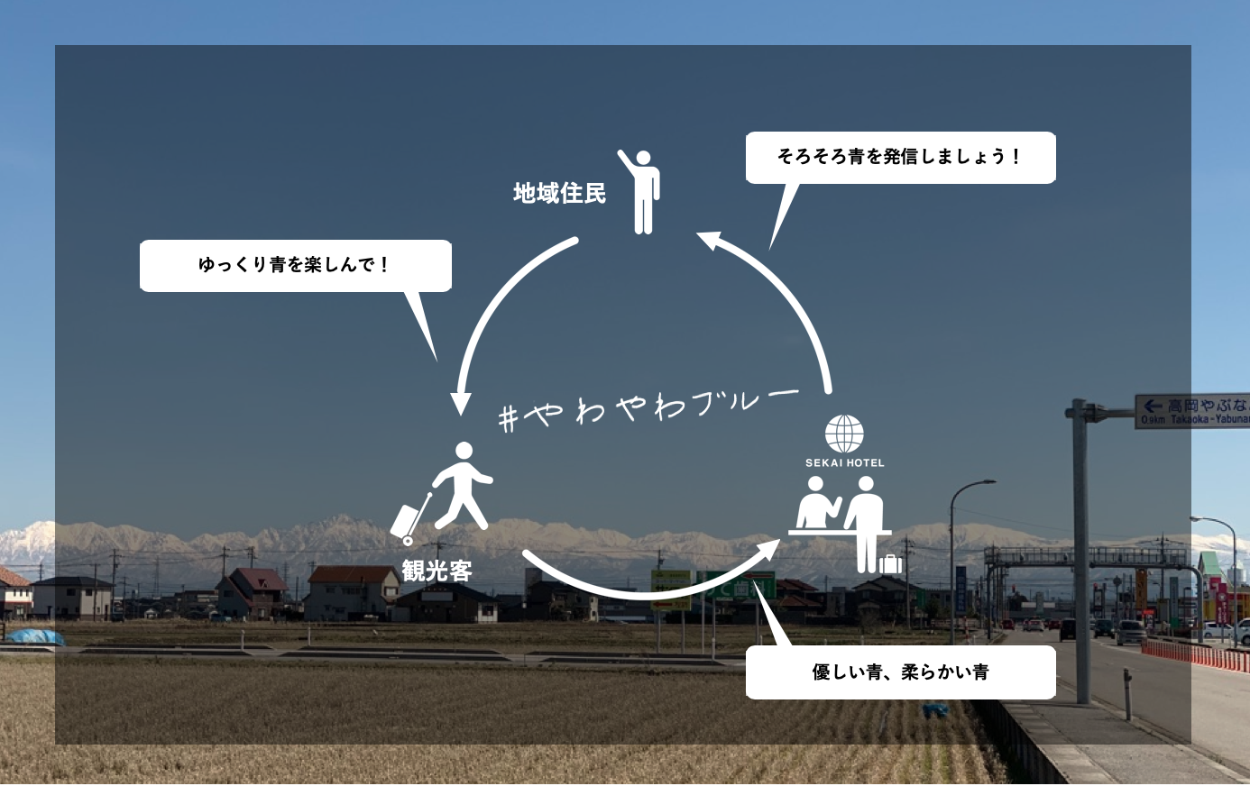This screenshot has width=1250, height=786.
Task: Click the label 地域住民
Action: tap(559, 193)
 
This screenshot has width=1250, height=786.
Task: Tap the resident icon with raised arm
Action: tap(641, 191)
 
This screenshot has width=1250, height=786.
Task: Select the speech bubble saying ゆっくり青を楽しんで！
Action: tap(295, 265)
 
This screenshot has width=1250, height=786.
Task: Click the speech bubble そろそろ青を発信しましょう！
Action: tap(900, 157)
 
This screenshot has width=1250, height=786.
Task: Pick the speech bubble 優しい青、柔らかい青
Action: tap(900, 672)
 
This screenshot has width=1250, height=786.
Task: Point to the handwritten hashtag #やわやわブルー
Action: tap(648, 408)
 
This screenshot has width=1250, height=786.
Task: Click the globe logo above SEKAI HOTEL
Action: tap(844, 434)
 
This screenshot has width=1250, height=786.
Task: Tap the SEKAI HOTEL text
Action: tap(844, 462)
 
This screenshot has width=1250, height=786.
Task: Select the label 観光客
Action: tap(437, 571)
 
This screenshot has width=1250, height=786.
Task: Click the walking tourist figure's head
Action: tap(464, 451)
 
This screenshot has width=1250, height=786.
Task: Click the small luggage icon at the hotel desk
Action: tap(890, 563)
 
